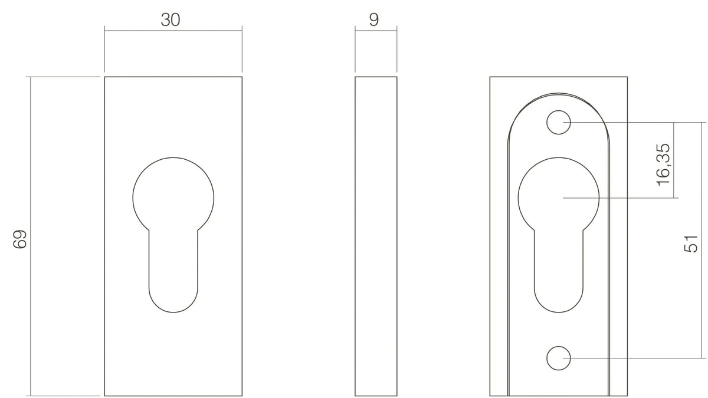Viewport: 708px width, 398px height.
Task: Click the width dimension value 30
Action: click(171, 19)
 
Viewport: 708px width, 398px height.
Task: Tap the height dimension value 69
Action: click(19, 239)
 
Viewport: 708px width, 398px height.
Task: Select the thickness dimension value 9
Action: click(373, 19)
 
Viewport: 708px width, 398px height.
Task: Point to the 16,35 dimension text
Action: click(663, 165)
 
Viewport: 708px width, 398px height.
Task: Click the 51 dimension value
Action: click(691, 244)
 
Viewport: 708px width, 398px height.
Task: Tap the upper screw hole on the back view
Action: click(559, 122)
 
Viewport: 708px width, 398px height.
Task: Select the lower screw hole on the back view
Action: click(559, 358)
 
